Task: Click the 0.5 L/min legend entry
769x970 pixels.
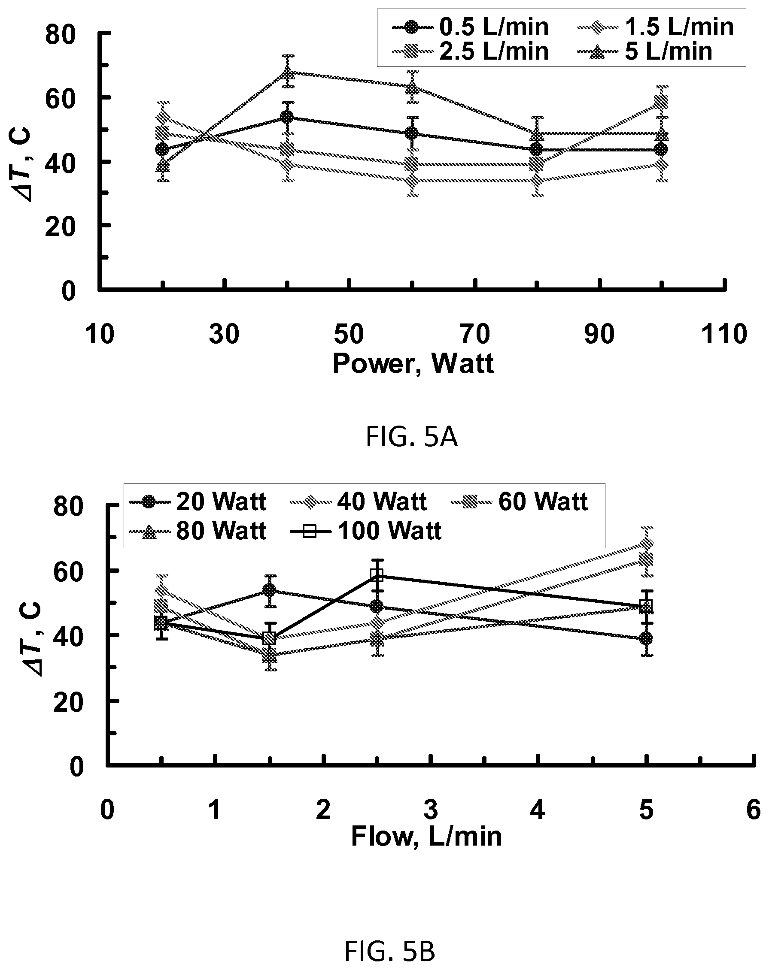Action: (x=471, y=27)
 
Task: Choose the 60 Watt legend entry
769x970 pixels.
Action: (x=520, y=502)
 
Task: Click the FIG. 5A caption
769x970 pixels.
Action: (x=411, y=437)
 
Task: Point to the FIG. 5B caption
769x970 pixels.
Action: (x=390, y=952)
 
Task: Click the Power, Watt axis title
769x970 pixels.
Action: (x=413, y=363)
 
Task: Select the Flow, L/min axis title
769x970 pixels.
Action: (x=426, y=837)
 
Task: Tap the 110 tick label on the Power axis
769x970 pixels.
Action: (x=724, y=335)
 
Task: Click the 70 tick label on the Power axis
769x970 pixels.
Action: (x=475, y=335)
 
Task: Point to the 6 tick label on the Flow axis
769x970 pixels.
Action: (x=754, y=810)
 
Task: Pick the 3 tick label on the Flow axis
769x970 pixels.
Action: (x=432, y=810)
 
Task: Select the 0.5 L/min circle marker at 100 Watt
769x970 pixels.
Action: (x=661, y=149)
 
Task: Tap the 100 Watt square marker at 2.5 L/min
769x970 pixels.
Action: (x=377, y=575)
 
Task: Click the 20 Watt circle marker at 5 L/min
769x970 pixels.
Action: (x=646, y=638)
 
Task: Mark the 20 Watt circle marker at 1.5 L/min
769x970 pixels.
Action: (x=269, y=590)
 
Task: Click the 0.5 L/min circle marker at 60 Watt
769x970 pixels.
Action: (x=411, y=133)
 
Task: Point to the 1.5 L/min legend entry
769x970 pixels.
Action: (x=656, y=27)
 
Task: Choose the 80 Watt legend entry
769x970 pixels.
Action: (x=198, y=532)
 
